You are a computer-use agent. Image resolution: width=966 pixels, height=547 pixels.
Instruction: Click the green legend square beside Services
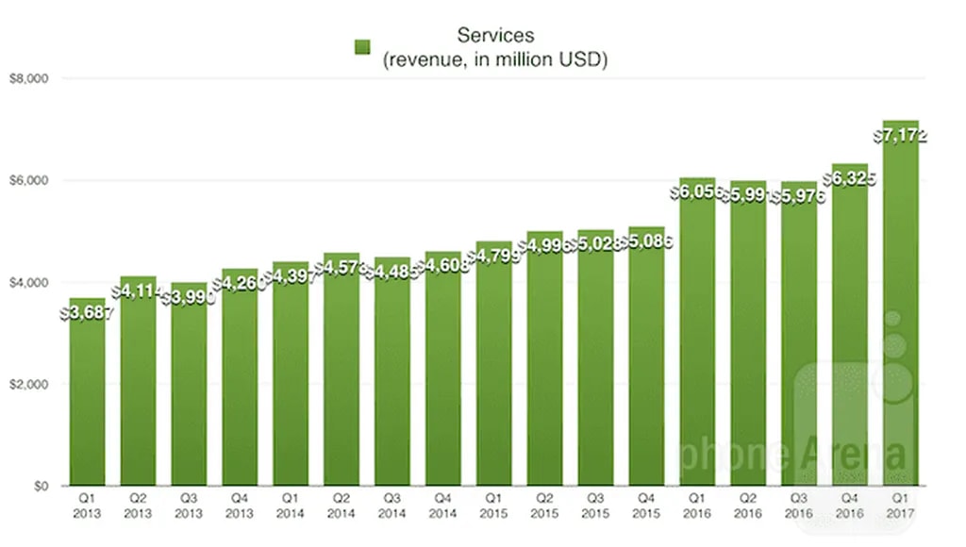[362, 47]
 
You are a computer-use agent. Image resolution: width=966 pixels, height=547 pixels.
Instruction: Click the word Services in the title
[495, 36]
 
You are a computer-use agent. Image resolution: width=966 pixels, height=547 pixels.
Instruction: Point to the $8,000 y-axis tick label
[27, 78]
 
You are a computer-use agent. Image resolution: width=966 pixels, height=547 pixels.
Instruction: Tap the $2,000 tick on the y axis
[27, 385]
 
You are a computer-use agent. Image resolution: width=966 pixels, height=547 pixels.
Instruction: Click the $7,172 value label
[901, 137]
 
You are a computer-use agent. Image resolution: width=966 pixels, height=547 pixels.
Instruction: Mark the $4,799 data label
[494, 257]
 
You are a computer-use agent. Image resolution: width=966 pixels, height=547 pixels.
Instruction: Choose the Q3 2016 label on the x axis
[800, 506]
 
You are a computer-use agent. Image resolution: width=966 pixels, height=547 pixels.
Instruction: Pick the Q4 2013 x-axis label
[240, 506]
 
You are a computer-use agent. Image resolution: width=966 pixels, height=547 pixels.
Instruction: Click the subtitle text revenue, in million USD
[495, 60]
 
